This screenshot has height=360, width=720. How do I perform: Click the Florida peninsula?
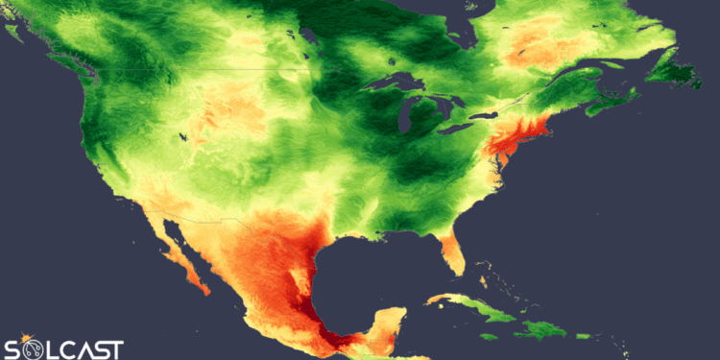pyautogui.click(x=450, y=252)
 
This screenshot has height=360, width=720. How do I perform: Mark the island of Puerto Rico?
pyautogui.click(x=582, y=336)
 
